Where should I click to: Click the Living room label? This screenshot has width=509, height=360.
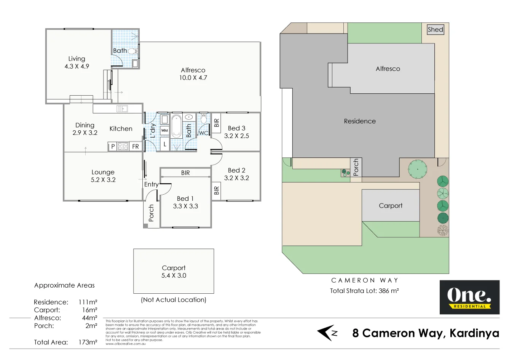77,59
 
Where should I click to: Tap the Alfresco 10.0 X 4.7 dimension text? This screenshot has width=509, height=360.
193,78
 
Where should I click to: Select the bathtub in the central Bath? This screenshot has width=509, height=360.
176,126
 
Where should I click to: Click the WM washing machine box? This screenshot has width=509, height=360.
164,130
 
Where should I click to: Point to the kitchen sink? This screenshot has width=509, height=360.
122,109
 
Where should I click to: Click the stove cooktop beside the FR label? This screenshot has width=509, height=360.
123,146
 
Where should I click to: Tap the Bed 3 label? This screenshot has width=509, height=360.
236,128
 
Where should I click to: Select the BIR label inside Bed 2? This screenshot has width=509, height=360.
216,190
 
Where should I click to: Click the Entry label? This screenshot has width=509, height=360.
151,184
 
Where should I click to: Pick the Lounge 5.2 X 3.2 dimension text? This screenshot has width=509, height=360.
103,180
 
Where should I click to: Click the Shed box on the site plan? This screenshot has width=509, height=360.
435,29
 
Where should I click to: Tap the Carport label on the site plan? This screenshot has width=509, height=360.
391,206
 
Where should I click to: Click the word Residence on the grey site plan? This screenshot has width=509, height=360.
360,121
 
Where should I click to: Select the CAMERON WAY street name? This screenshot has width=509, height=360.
364,280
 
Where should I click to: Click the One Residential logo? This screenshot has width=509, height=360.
469,297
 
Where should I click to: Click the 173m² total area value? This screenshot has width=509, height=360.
88,342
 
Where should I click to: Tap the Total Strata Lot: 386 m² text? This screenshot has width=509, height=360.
364,291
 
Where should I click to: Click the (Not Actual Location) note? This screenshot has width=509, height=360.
174,300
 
